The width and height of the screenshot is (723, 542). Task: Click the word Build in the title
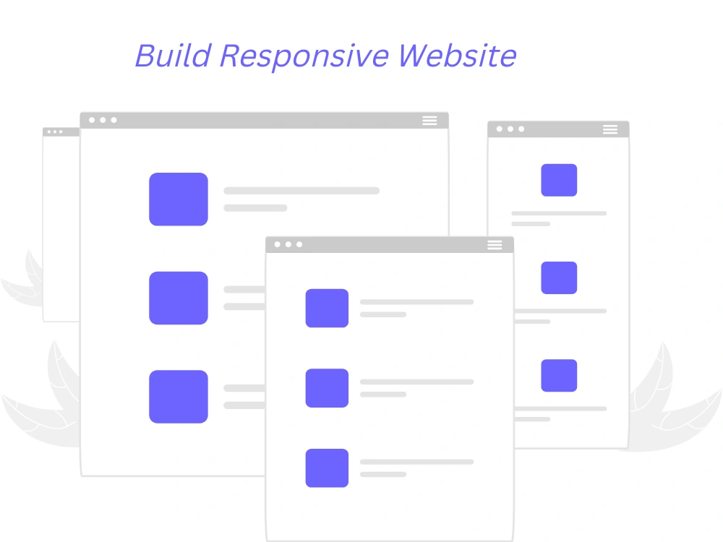tap(174, 56)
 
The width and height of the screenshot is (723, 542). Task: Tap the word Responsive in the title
tap(305, 57)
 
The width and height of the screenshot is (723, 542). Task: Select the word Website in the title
tap(457, 56)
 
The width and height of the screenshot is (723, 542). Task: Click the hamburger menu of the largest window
tap(429, 120)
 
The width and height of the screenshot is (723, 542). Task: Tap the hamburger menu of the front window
tap(495, 245)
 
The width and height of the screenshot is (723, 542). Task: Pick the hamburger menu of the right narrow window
tap(610, 129)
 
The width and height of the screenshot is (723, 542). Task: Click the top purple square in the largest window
tap(179, 199)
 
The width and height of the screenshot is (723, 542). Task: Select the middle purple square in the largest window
tap(179, 298)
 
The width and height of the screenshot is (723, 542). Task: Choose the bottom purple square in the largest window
tap(179, 396)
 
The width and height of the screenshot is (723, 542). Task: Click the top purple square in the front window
tap(327, 308)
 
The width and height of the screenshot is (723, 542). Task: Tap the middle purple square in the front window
tap(327, 387)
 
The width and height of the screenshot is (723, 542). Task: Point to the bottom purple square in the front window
tap(327, 468)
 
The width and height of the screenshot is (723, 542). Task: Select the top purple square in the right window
tap(559, 180)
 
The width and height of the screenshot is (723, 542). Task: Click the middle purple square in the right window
tap(559, 278)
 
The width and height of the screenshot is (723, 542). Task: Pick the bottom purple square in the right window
tap(559, 375)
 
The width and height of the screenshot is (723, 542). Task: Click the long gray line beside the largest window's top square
tap(301, 190)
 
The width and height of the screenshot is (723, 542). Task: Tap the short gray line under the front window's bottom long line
tap(383, 474)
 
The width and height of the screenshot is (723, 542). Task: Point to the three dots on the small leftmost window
tap(55, 132)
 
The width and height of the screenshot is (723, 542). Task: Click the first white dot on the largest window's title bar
tap(92, 120)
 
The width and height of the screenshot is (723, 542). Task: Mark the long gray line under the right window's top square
tap(559, 213)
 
